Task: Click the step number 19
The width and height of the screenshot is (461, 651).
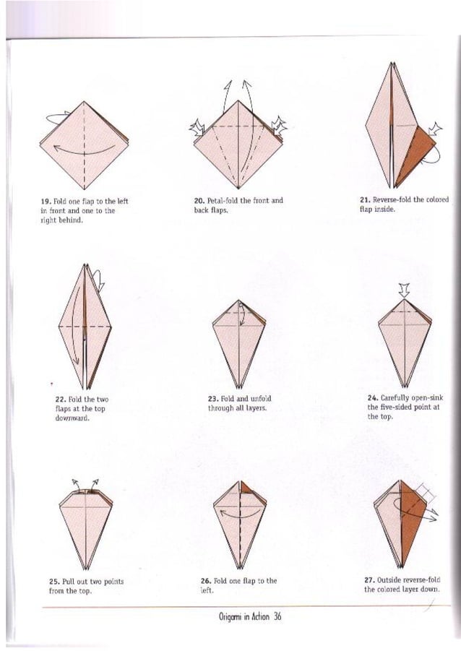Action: click(44, 201)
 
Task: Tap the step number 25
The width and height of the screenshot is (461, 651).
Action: click(53, 581)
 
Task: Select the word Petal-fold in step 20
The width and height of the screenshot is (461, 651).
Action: click(225, 201)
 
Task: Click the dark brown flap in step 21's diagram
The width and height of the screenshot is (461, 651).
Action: click(415, 153)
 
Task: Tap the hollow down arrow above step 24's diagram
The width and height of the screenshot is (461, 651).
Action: click(404, 290)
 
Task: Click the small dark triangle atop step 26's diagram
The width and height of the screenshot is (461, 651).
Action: click(247, 488)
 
